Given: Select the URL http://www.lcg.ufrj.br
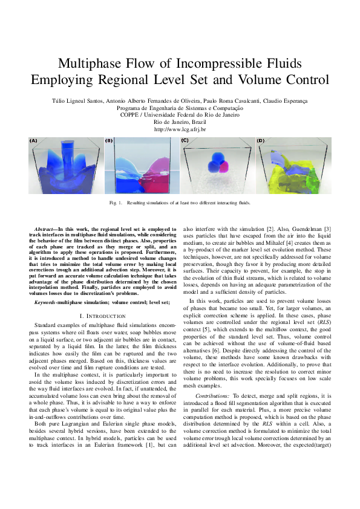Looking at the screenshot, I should [180, 129].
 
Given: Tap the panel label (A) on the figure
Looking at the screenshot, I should [33, 140].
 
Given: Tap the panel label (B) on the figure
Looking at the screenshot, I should [109, 140].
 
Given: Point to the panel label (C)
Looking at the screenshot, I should [185, 140].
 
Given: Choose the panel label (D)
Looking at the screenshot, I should [260, 140].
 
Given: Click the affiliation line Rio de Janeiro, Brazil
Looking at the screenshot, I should [180, 122].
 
